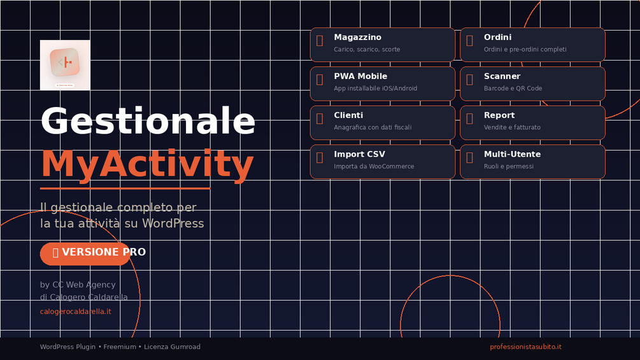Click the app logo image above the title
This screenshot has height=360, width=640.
pos(65,65)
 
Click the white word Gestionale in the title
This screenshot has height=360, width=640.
pos(148,121)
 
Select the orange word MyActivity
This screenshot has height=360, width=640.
pos(147,164)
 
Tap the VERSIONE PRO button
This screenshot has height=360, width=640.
pos(85,254)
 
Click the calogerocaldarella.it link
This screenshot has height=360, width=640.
pos(76,312)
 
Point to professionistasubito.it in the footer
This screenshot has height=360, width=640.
pos(526,347)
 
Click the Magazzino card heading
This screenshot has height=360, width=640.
pos(357,37)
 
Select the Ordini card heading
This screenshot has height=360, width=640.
pos(497,37)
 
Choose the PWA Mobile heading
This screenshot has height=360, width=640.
pos(360,76)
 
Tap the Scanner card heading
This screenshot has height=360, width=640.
pos(502,76)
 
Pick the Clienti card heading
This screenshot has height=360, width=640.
pos(348,115)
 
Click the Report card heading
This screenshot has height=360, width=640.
pos(499,115)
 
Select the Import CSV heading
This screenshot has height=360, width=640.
pos(359,154)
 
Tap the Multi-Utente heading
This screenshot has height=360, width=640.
pos(512,154)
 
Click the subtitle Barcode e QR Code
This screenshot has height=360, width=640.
pos(513,88)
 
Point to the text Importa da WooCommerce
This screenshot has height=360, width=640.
pos(374,166)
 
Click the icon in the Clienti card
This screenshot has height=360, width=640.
pos(320,119)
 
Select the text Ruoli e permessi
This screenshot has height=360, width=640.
pos(509,166)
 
